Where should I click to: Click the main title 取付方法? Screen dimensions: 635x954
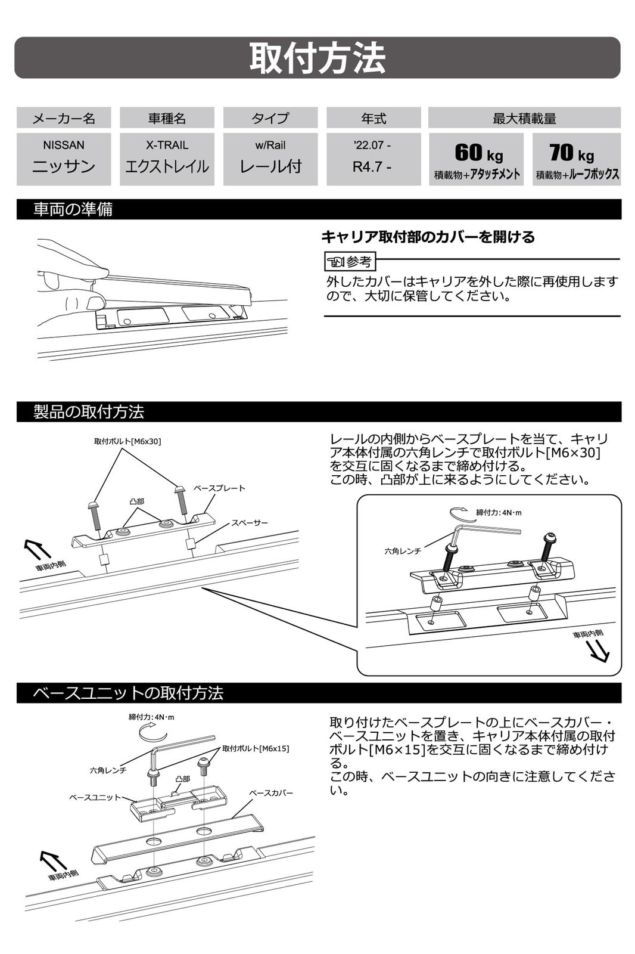317,58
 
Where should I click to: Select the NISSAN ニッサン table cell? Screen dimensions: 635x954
64,159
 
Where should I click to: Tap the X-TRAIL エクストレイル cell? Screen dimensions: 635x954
167,159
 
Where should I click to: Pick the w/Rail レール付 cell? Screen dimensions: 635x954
270,159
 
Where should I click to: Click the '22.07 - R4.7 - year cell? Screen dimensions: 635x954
373,159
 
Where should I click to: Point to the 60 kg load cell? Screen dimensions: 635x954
477,159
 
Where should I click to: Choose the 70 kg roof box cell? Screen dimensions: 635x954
577,159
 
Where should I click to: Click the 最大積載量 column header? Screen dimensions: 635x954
524,118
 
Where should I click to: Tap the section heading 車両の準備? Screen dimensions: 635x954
73,209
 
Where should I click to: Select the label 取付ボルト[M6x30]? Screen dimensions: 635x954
127,441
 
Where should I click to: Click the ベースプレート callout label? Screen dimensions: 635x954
220,488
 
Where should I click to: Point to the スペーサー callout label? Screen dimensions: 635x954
250,522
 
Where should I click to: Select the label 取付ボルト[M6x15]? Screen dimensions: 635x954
256,748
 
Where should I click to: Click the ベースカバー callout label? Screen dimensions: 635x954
271,793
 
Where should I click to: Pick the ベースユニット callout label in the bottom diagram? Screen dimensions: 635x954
95,797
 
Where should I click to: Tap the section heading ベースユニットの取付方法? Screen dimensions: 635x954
128,693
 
